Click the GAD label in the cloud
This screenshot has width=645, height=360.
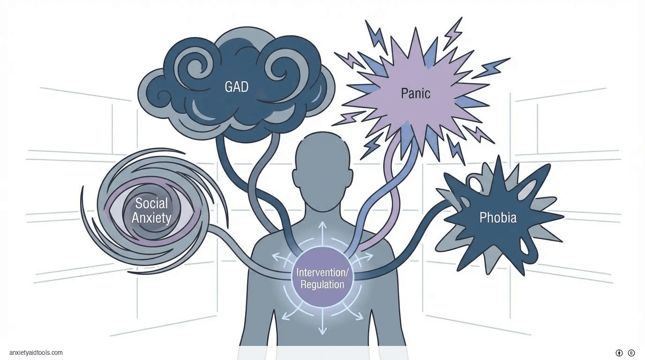236,87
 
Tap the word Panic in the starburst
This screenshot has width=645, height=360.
415,93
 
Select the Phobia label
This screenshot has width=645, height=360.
498,217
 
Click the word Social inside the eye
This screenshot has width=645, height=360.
151,203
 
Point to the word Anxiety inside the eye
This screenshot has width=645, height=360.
151,218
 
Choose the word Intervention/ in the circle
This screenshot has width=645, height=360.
322,272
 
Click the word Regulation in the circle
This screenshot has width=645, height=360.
322,285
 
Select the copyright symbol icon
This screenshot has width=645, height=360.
631,353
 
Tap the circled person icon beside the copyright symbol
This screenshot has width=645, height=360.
619,353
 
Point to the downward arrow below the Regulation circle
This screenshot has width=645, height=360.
322,326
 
